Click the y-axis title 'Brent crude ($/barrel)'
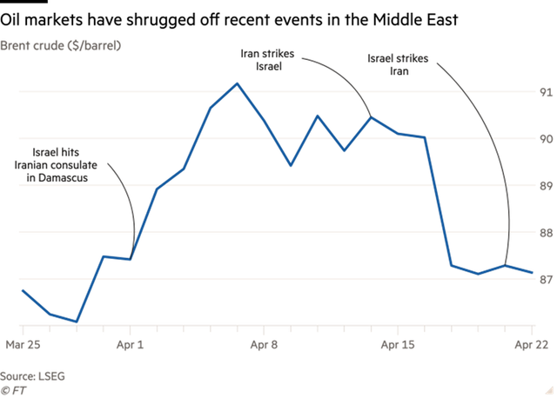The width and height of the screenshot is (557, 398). [x=61, y=43]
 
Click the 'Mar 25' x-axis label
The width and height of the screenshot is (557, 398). [x=23, y=344]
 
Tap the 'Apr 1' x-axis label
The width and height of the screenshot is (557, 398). [x=131, y=344]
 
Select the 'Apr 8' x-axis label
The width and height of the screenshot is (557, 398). [x=264, y=344]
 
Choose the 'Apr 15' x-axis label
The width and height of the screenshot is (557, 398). [x=397, y=344]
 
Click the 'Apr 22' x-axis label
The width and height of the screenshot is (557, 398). [x=529, y=344]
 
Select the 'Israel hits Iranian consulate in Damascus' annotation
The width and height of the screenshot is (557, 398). [x=58, y=164]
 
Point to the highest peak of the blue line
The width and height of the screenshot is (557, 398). [x=238, y=84]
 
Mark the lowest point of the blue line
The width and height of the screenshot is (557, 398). [x=77, y=322]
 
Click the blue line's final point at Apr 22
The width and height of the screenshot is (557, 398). [x=532, y=273]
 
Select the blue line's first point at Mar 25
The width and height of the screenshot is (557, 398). [x=23, y=290]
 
